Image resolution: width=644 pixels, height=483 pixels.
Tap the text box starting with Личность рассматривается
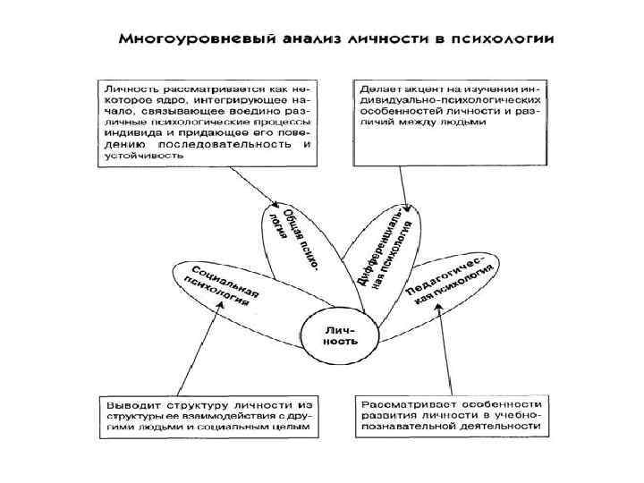coord(205,122)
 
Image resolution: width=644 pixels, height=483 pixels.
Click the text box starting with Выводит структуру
coord(205,415)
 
